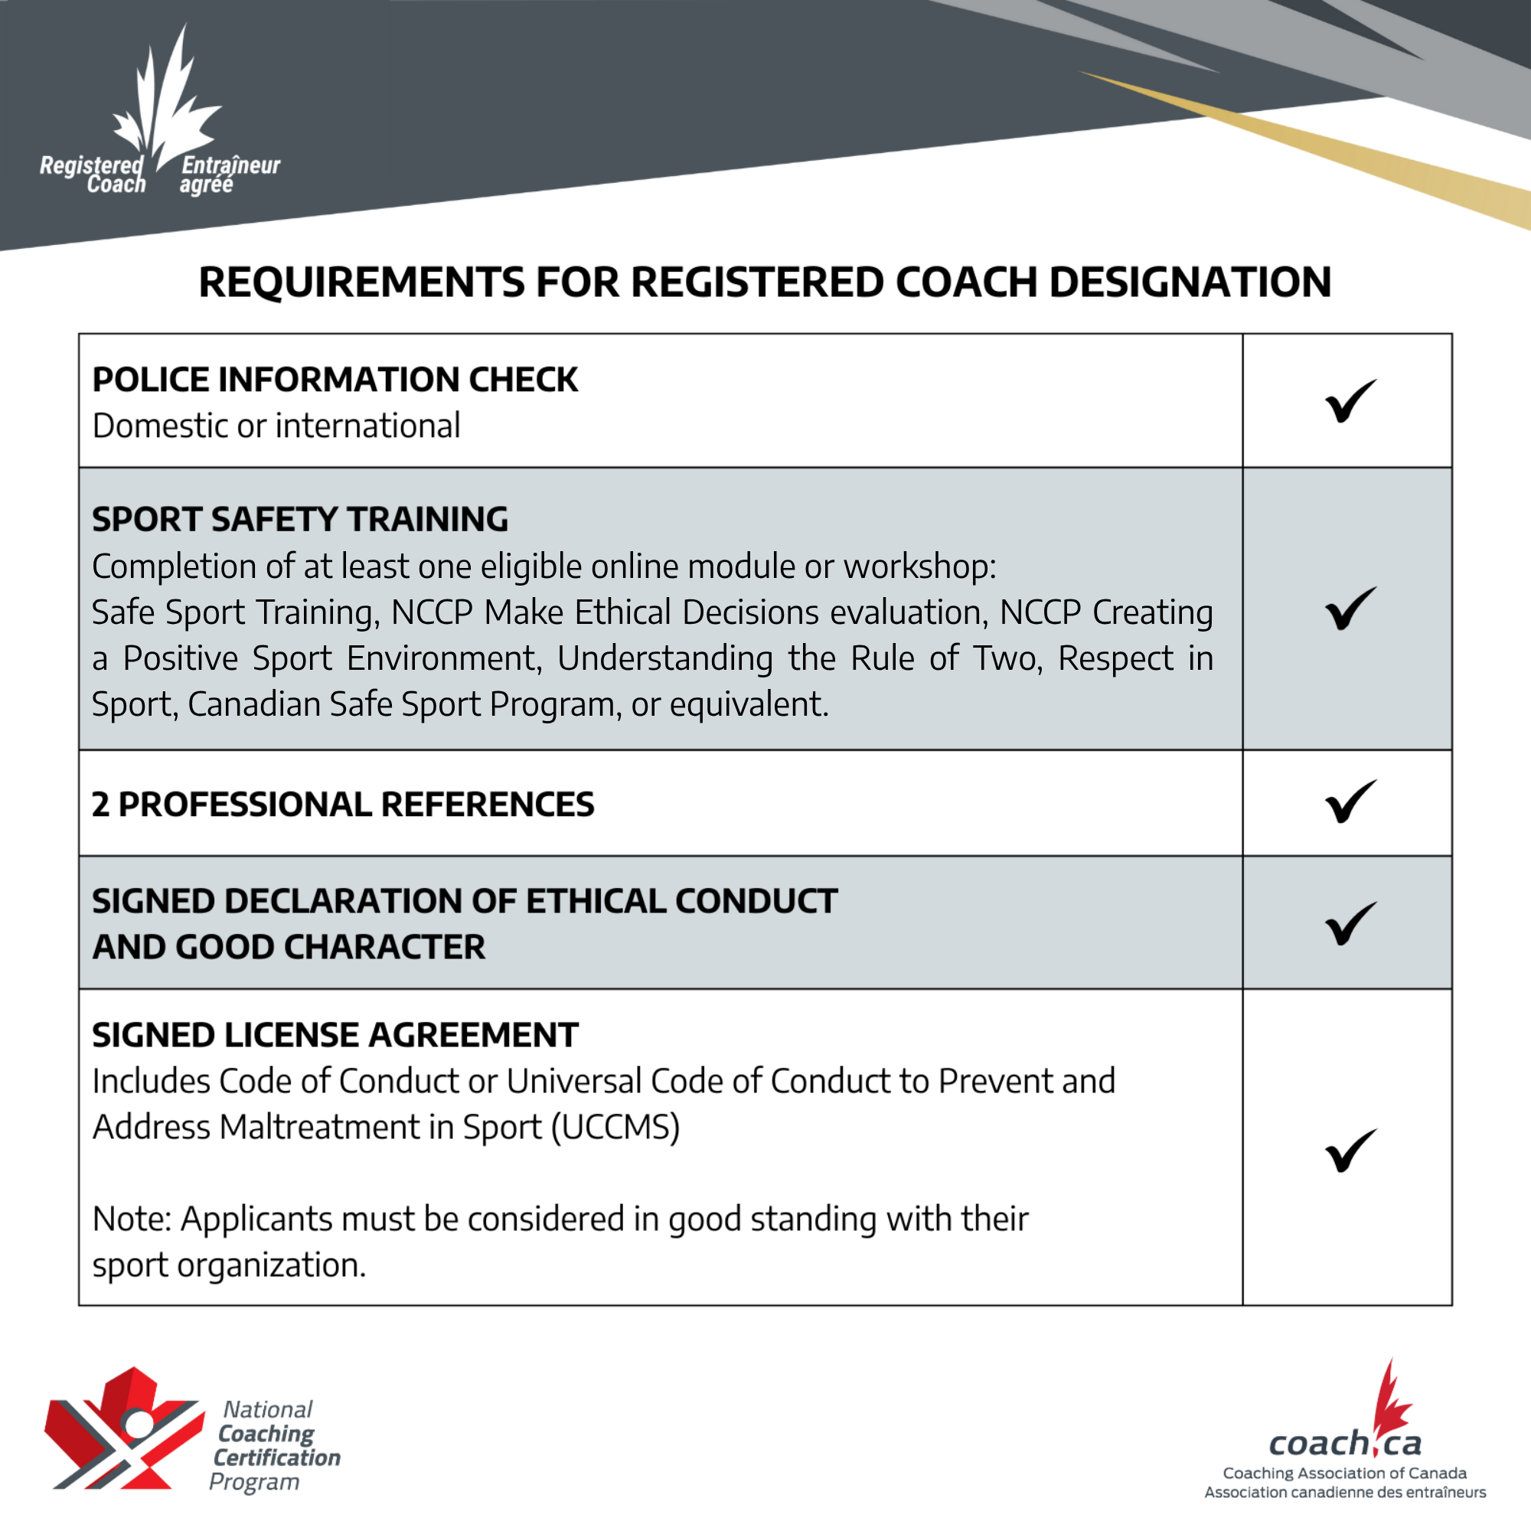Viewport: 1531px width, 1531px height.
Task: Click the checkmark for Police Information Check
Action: point(1350,401)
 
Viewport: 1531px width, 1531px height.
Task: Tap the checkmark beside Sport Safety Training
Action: point(1350,609)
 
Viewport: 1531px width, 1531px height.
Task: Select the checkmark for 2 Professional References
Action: point(1350,802)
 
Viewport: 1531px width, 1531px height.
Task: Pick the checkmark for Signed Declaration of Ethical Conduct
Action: point(1350,923)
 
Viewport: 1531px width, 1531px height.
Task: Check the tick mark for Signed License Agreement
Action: point(1350,1151)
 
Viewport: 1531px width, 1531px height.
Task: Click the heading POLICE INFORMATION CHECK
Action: point(335,380)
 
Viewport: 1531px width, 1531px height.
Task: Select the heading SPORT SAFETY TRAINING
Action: point(299,519)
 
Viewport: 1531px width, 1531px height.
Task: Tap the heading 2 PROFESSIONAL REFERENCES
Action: point(342,804)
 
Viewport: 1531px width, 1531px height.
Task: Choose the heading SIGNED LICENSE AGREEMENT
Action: point(335,1035)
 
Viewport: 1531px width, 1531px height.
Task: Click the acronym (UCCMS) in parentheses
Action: point(615,1127)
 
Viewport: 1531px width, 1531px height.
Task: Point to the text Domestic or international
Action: point(276,426)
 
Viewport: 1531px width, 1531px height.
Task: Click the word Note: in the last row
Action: point(132,1219)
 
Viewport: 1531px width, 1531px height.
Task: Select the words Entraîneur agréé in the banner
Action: point(229,175)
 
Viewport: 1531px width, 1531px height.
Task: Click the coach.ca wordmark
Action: point(1345,1443)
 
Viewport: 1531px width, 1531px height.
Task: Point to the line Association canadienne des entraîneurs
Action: point(1345,1493)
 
